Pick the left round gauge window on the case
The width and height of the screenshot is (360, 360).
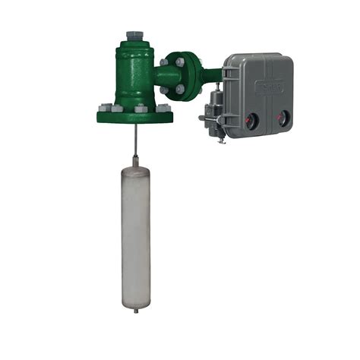click(x=253, y=118)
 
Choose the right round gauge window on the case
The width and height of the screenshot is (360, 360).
click(x=284, y=118)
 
